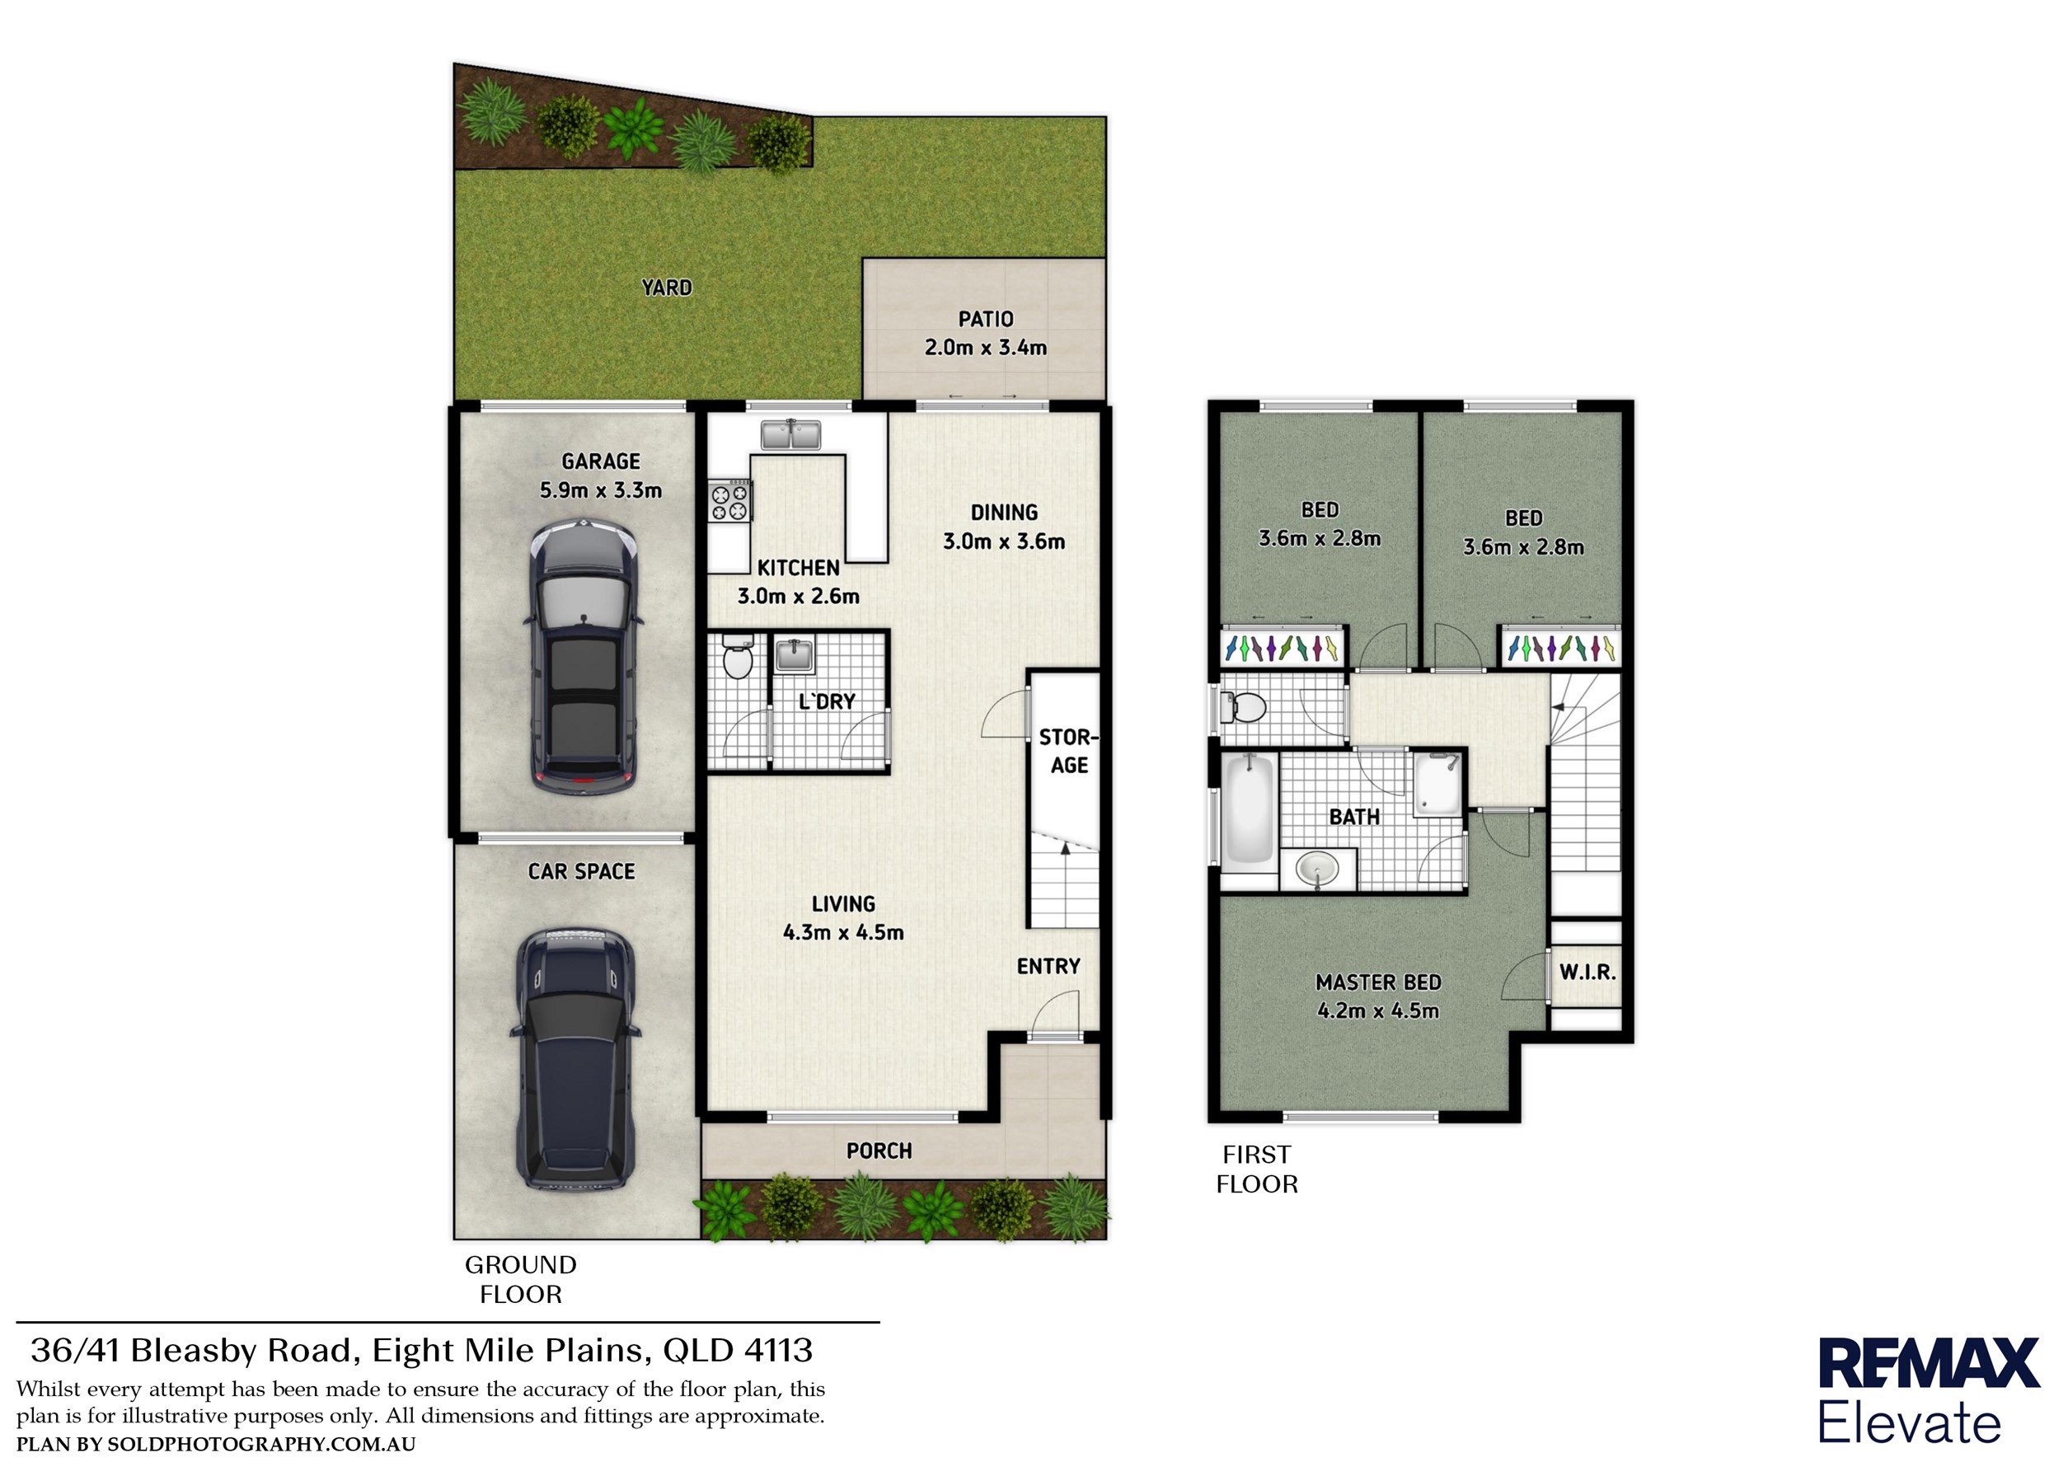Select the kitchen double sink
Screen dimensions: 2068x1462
tap(790, 435)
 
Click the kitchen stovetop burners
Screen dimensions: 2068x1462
tap(730, 501)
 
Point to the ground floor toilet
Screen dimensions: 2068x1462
tap(738, 656)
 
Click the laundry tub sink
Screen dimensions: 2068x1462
tap(794, 655)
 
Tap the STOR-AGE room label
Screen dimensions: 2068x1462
tap(1068, 752)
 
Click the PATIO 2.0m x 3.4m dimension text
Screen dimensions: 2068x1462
tap(985, 348)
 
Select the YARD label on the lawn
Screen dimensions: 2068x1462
tap(667, 288)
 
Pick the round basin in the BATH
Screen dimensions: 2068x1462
tap(1318, 870)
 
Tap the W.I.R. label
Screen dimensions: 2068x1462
tap(1587, 972)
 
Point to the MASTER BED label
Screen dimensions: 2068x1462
tap(1378, 982)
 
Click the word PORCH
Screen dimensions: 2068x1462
tap(879, 1151)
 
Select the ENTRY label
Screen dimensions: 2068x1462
tap(1048, 967)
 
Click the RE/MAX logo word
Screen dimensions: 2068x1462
tap(1929, 1364)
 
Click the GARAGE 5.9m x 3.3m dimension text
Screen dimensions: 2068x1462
tap(601, 491)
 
